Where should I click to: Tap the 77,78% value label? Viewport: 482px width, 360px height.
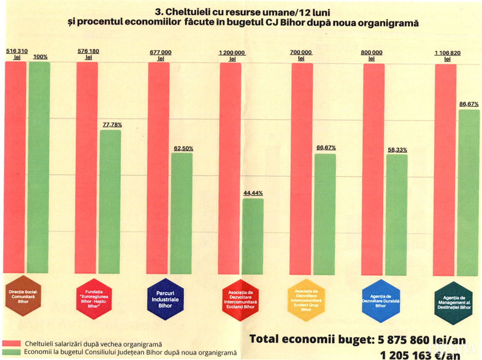click(x=112, y=124)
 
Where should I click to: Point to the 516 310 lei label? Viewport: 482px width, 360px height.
click(x=17, y=54)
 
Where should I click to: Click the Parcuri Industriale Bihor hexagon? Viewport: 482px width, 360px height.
click(x=165, y=299)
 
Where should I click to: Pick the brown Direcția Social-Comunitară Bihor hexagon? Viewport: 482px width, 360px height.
click(x=23, y=296)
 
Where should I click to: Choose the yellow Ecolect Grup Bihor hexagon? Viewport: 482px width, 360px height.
click(x=306, y=300)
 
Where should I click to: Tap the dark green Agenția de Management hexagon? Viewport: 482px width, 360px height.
click(x=454, y=302)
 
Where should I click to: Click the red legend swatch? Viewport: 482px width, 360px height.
click(x=12, y=343)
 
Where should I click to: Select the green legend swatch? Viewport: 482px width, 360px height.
click(x=12, y=352)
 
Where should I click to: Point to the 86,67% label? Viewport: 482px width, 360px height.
click(x=469, y=104)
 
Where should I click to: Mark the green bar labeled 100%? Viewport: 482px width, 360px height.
click(x=39, y=167)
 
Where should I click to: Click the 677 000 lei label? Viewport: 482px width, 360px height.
click(x=160, y=55)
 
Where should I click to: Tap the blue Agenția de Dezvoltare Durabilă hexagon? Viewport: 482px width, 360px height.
click(x=380, y=301)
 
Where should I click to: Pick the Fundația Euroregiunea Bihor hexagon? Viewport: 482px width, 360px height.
click(x=94, y=299)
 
